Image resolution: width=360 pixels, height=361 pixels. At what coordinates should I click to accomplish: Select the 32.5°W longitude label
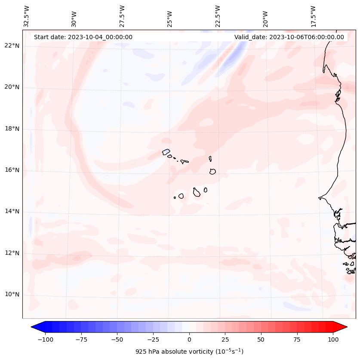click(x=27, y=16)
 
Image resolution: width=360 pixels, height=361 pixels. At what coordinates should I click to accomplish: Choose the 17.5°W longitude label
click(x=313, y=16)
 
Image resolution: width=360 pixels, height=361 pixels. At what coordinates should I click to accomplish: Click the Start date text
click(x=83, y=37)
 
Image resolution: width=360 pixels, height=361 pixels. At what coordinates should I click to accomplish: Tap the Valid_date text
click(x=289, y=37)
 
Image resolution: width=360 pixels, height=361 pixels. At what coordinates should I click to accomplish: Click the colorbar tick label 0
click(x=189, y=339)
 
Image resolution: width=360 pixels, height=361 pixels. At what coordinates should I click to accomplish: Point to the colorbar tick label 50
click(x=261, y=339)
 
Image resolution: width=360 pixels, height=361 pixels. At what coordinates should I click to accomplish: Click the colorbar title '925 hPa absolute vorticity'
click(x=189, y=352)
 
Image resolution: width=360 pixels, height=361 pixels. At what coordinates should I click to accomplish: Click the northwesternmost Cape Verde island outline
click(x=166, y=151)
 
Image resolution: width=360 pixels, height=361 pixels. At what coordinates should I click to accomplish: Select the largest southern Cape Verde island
click(x=197, y=192)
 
